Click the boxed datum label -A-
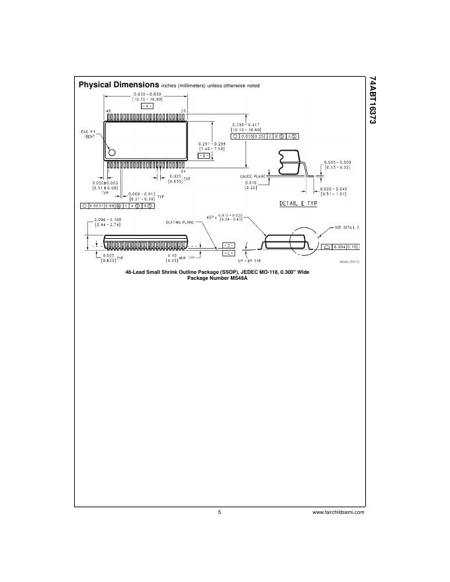(x=148, y=106)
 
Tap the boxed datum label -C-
(x=228, y=253)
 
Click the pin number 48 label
(x=109, y=110)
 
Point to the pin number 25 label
(x=183, y=110)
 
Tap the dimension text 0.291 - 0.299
(x=212, y=144)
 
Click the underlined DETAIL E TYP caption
(x=298, y=203)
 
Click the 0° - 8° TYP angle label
(x=253, y=261)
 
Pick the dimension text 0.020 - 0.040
(x=334, y=188)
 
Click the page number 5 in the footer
(x=219, y=512)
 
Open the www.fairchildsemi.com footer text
(x=338, y=512)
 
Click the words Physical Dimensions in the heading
(x=118, y=85)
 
